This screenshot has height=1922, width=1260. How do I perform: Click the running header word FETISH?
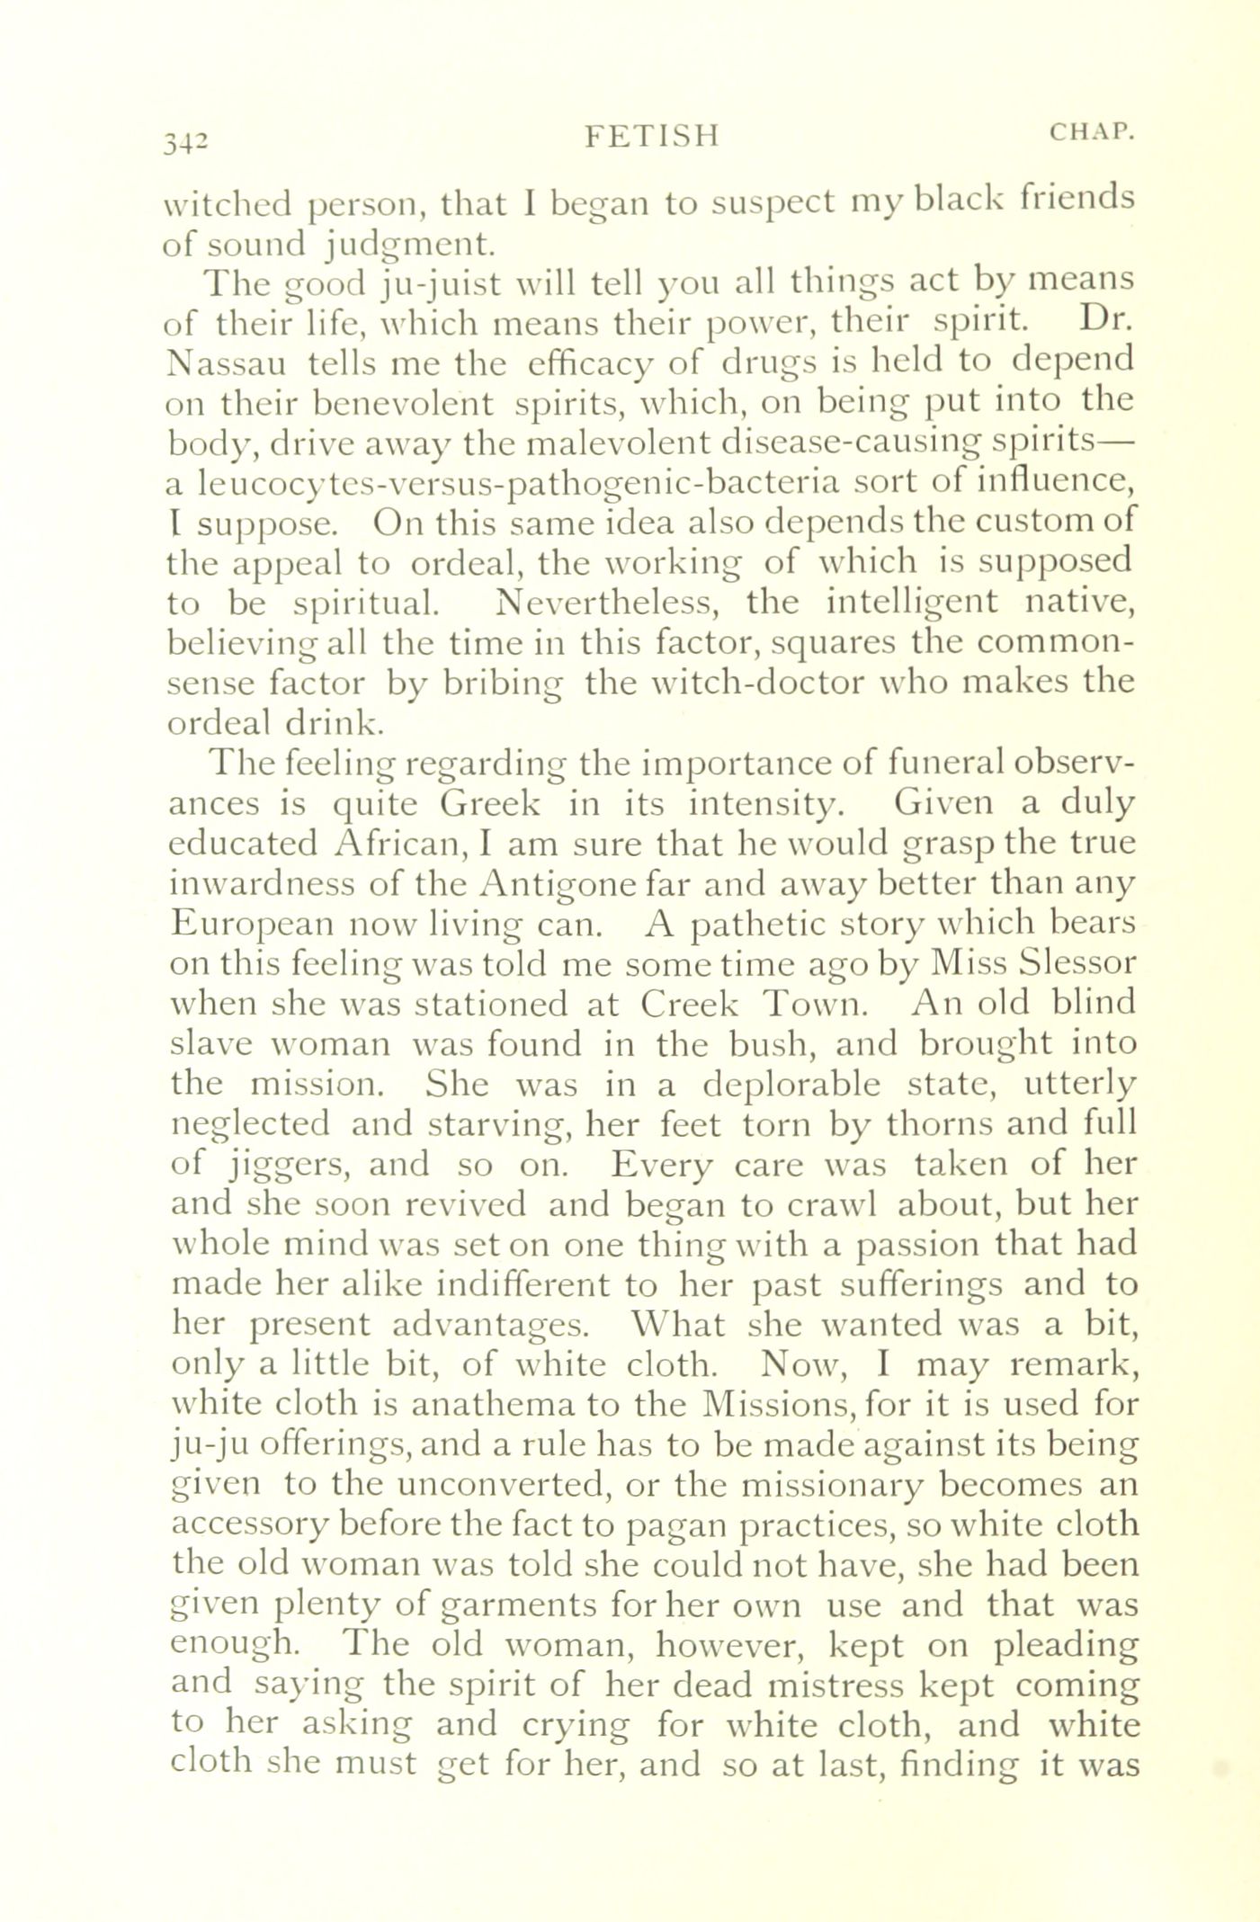tap(652, 136)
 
